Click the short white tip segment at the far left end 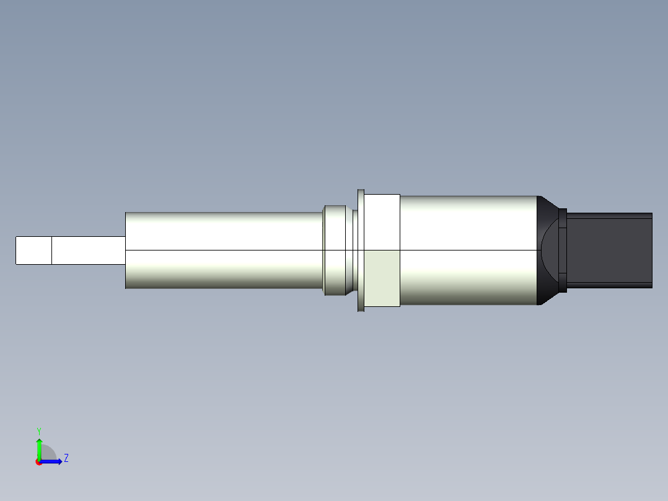(33, 250)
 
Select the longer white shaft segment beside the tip (88, 250)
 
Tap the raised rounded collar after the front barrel (335, 250)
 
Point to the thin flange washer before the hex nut (361, 250)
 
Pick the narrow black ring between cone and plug (563, 250)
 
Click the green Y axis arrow (39, 446)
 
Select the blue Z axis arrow (53, 461)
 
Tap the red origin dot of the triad (38, 462)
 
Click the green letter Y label (38, 430)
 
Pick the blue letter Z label (66, 458)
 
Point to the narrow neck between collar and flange (354, 250)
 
